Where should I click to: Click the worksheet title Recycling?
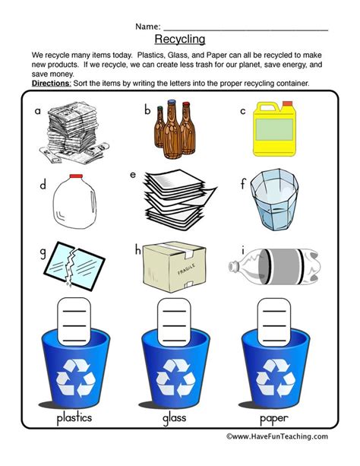click(x=179, y=39)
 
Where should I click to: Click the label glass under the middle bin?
click(x=179, y=418)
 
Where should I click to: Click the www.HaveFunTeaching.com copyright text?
click(x=277, y=436)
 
